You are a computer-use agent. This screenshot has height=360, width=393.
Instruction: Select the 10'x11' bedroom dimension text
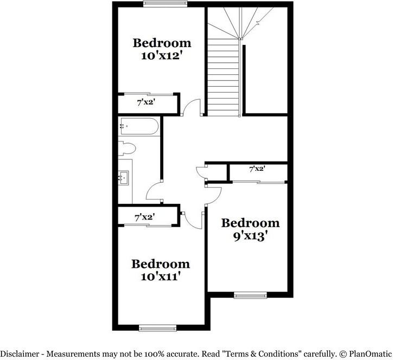coord(161,277)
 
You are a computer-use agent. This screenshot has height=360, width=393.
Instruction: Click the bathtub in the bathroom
coord(139,127)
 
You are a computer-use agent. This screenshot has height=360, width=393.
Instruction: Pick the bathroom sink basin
coord(124,177)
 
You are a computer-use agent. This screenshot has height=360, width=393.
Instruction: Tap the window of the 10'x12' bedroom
coord(166,4)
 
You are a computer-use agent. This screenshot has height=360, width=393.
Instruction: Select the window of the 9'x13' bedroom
coord(250,295)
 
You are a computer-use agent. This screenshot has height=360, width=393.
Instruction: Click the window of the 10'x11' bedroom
coord(157,327)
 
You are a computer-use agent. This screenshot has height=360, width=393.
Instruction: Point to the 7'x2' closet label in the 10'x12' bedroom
coord(147,102)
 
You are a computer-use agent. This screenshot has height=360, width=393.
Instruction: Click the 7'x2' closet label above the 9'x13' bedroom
coord(257,169)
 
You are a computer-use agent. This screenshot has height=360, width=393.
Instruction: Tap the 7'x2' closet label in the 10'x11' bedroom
coord(144,217)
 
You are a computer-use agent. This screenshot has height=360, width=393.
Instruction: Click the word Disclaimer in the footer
coord(20,354)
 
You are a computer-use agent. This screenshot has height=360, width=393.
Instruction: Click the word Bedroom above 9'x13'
coord(251,223)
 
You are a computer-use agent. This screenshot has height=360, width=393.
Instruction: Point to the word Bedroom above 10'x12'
coord(162,42)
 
